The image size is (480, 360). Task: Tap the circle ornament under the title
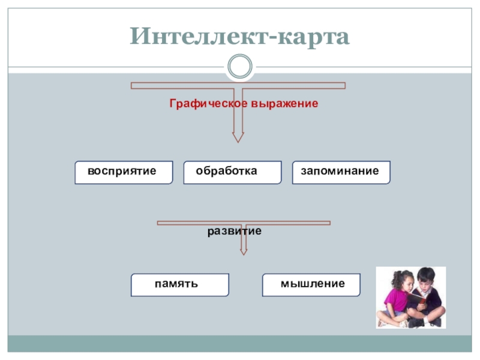[x=239, y=66]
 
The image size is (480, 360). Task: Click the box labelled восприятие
[x=124, y=172]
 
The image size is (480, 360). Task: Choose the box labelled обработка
[x=232, y=172]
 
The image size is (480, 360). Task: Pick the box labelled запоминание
[x=341, y=172]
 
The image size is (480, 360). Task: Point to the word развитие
[x=235, y=230]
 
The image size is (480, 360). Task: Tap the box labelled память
[x=180, y=284]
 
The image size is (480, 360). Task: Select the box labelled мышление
[x=311, y=284]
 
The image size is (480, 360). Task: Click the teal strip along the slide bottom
[x=239, y=343]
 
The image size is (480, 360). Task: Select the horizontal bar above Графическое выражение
[x=238, y=86]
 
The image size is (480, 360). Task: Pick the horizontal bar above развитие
[x=243, y=223]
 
